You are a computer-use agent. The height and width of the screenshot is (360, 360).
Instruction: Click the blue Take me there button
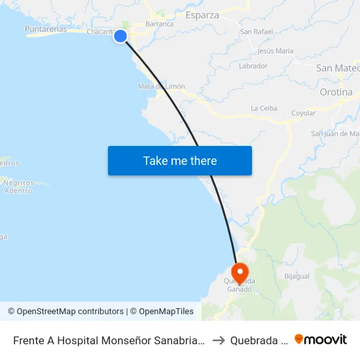[x=180, y=160]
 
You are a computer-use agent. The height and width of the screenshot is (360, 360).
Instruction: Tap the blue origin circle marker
[x=120, y=36]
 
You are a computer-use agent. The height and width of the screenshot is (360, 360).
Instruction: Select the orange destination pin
[x=240, y=272]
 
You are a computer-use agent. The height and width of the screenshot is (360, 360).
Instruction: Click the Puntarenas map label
[x=45, y=29]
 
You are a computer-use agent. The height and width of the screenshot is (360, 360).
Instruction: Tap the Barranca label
[x=160, y=24]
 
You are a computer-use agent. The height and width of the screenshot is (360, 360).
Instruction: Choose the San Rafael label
[x=256, y=31]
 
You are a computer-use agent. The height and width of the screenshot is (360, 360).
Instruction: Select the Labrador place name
[x=253, y=66]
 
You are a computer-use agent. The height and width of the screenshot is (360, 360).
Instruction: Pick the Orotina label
[x=336, y=92]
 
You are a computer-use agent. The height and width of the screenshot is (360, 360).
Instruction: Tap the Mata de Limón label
[x=162, y=86]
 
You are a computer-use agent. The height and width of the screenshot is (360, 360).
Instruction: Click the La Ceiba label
[x=264, y=109]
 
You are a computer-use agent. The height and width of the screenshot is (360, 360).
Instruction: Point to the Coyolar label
[x=303, y=113]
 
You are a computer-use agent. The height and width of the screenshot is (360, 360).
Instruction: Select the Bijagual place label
[x=297, y=276]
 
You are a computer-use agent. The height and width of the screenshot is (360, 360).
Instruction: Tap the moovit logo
[x=321, y=340]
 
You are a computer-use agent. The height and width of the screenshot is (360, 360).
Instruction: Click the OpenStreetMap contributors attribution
[x=65, y=312]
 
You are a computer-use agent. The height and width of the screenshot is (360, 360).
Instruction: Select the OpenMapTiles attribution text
[x=164, y=312]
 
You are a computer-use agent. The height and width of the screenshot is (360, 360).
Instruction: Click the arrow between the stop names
[x=219, y=340]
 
